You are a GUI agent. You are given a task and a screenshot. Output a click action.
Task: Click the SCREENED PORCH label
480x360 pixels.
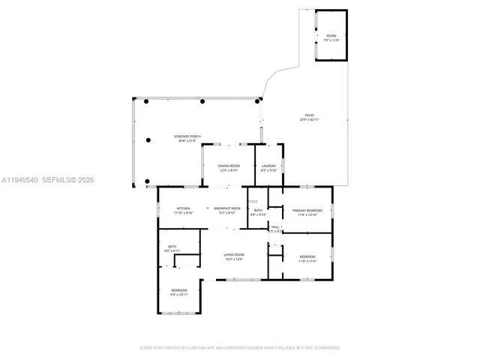point(187,136)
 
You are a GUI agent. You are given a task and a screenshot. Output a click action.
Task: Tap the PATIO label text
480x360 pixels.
point(309,115)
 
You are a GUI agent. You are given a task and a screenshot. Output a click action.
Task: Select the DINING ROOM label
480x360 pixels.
point(229,166)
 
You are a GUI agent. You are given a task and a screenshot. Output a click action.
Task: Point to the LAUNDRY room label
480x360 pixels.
point(268,166)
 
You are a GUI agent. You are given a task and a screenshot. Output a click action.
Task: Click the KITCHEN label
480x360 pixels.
point(183,208)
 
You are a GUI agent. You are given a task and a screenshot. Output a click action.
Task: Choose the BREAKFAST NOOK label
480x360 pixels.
point(227,208)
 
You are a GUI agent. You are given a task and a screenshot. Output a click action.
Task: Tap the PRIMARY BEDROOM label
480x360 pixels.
point(308,211)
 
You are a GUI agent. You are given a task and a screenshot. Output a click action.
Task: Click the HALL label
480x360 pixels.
point(275,226)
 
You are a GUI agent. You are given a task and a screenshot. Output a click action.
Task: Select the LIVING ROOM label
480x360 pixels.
point(234,255)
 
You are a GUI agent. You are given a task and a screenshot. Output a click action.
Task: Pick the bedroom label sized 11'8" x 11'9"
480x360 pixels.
point(307,261)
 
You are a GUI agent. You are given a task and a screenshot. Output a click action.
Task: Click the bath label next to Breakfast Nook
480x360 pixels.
point(258,211)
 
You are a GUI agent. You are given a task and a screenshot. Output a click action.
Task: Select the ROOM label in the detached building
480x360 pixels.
point(331,35)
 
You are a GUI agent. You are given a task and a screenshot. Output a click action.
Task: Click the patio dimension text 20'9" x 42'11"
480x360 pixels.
point(309,120)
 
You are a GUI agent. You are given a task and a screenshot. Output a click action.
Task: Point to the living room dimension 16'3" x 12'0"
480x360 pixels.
point(234,259)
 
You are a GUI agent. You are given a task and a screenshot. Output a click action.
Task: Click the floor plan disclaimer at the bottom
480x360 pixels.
point(239,348)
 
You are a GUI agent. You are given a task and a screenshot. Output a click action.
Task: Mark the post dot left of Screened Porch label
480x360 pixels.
point(148,137)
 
